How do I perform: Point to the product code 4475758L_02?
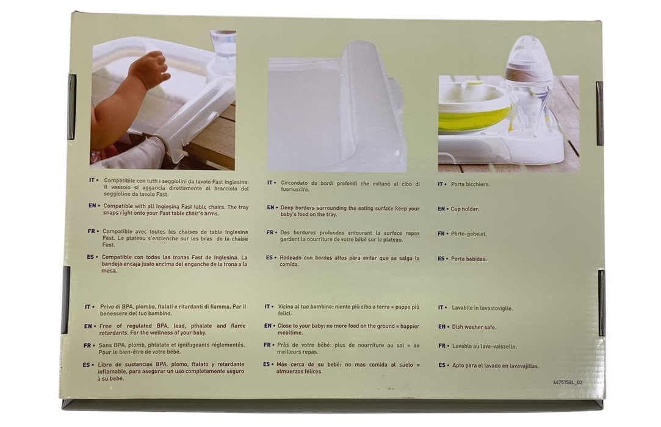568,382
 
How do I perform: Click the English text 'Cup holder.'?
464,209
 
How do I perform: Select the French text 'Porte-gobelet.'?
469,234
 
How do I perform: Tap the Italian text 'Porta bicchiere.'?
470,184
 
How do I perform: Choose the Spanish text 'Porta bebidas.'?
469,259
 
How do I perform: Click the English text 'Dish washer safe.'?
474,327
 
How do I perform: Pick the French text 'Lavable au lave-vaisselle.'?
485,346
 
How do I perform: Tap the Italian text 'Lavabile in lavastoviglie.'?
482,308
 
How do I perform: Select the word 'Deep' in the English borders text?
287,208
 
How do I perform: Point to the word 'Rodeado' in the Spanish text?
290,257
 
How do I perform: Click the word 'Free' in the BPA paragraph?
105,326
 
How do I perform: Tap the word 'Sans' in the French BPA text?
104,345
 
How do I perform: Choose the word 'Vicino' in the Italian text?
286,307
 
